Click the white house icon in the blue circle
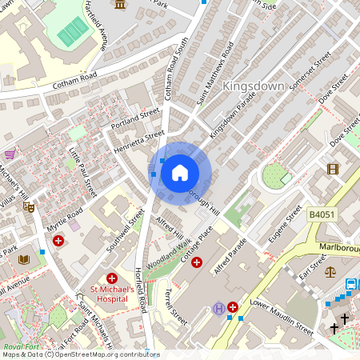pyautogui.click(x=180, y=173)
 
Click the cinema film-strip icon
pyautogui.click(x=333, y=168)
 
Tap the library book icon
pyautogui.click(x=23, y=259)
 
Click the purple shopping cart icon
pyautogui.click(x=10, y=154)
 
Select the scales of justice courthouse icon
pyautogui.click(x=332, y=271)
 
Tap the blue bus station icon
pyautogui.click(x=351, y=285)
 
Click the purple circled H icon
pyautogui.click(x=218, y=308)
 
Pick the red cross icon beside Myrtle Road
pyautogui.click(x=58, y=240)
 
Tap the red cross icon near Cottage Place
pyautogui.click(x=197, y=262)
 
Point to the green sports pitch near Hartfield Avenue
pyautogui.click(x=73, y=32)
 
